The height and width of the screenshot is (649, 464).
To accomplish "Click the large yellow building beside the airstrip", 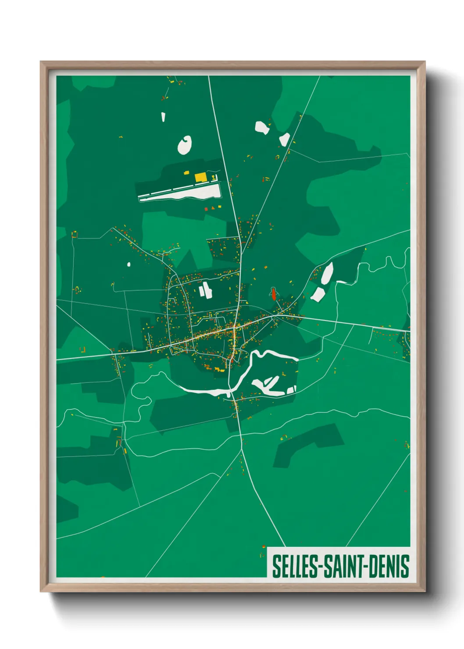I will [200, 177].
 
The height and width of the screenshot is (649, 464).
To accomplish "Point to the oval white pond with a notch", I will [185, 145].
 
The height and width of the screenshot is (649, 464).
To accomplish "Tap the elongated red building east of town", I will [274, 294].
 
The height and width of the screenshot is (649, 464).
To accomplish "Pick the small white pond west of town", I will [129, 264].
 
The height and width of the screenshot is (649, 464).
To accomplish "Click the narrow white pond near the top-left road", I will [163, 117].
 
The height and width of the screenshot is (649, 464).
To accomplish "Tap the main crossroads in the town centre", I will [235, 327].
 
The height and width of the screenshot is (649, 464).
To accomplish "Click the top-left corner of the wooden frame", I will [41, 62].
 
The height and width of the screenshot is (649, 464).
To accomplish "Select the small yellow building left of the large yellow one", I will [186, 173].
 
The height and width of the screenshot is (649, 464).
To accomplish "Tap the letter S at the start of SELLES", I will [276, 567].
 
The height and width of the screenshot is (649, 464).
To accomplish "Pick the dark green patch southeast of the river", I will [307, 443].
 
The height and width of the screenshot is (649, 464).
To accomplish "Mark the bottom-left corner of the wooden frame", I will [41, 591].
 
